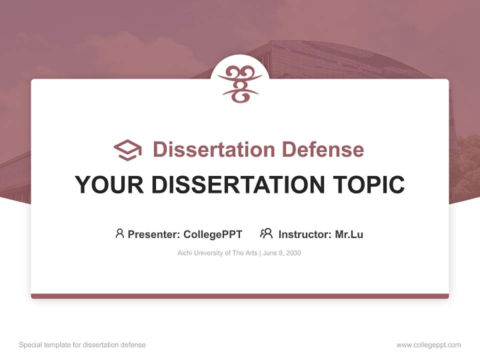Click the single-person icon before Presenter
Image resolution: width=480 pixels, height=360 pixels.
[x=119, y=233]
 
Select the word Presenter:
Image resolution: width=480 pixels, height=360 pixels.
[x=153, y=234]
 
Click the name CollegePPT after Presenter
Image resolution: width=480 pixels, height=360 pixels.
[x=212, y=234]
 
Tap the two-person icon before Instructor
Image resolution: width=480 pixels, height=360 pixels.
[x=266, y=233]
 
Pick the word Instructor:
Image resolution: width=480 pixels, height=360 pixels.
[x=305, y=234]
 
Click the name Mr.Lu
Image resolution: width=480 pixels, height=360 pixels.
[x=349, y=234]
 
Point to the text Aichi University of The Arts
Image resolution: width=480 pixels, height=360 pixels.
[x=217, y=253]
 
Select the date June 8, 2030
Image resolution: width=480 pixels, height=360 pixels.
[x=281, y=253]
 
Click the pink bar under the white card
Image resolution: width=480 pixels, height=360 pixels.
[x=240, y=296]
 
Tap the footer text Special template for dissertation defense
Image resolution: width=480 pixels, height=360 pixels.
[x=82, y=345]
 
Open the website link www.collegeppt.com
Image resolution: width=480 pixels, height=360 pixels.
[x=428, y=345]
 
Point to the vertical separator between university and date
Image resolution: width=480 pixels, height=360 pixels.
[x=259, y=253]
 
